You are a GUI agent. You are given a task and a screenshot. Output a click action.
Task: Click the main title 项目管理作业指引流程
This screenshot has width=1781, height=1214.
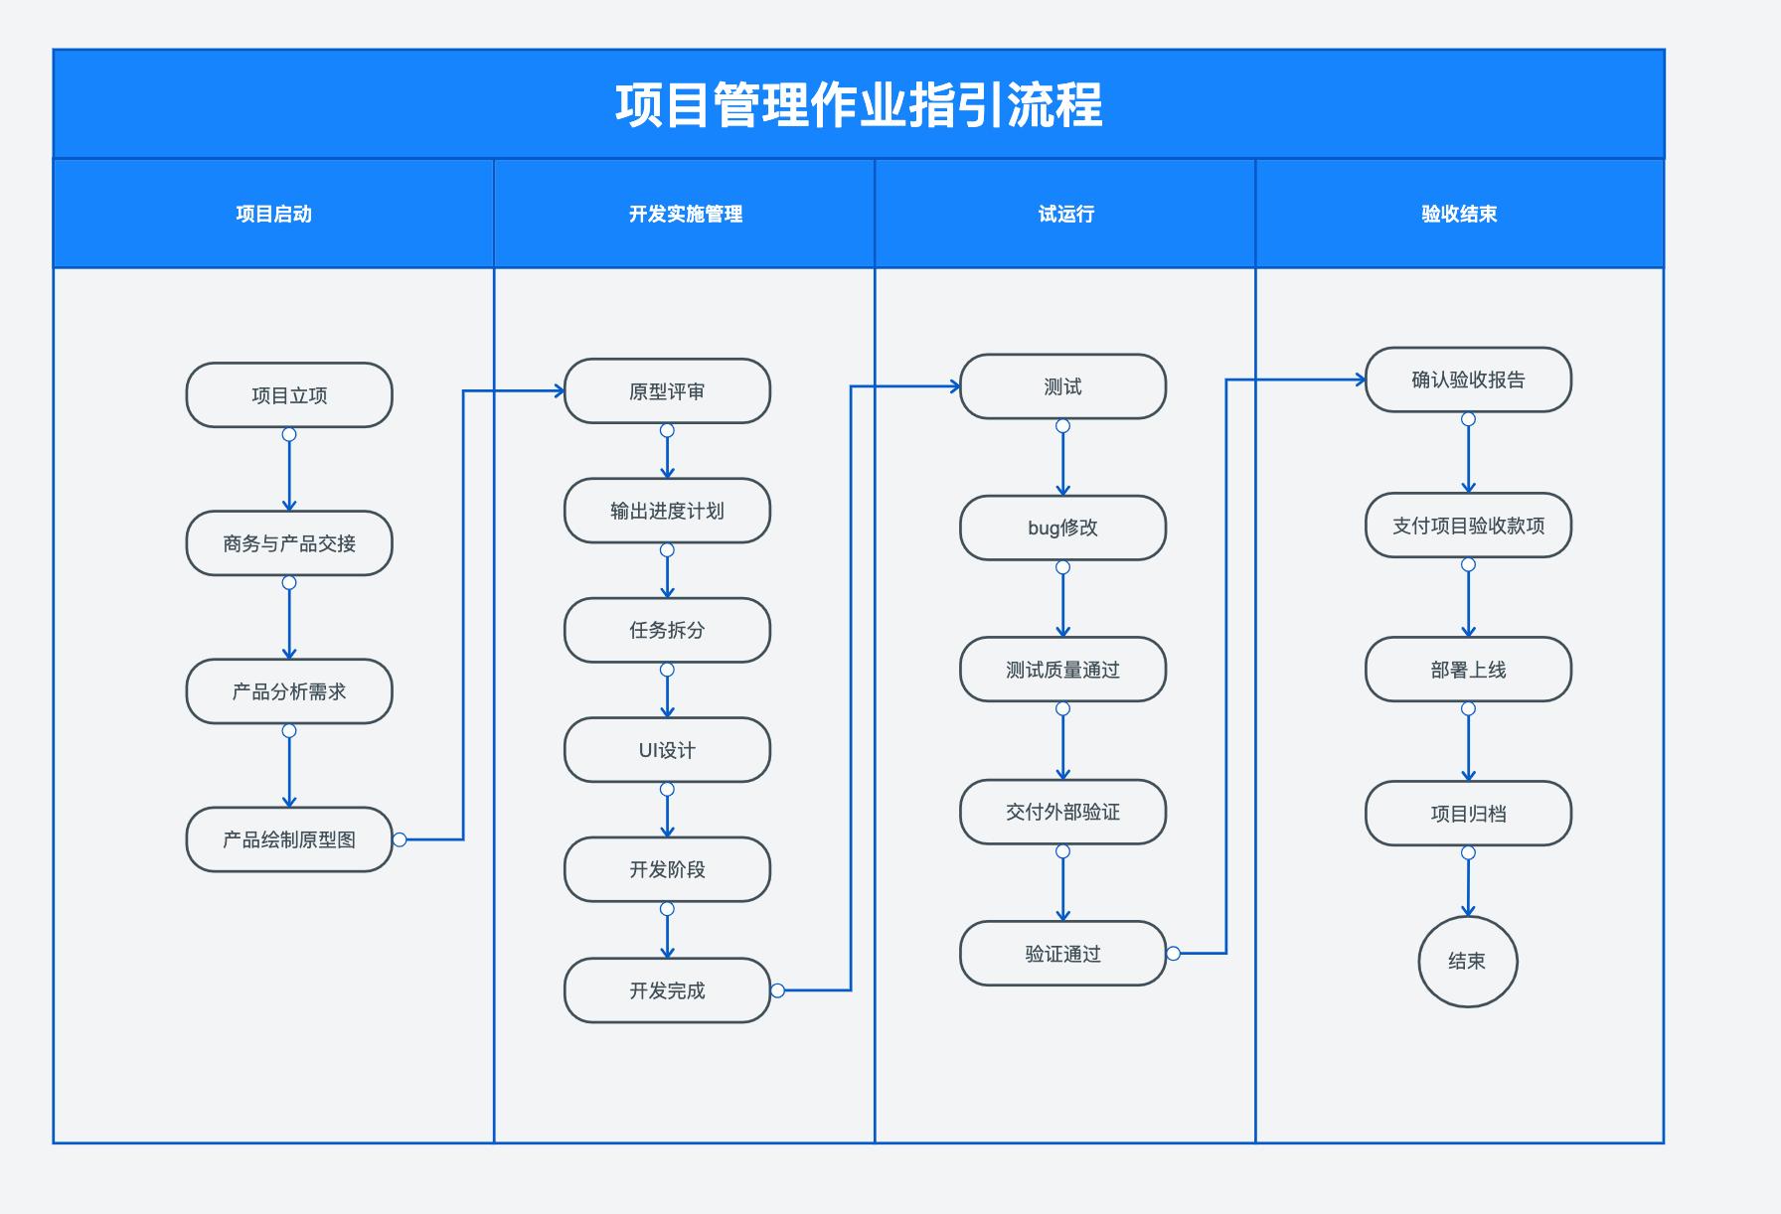click(x=859, y=105)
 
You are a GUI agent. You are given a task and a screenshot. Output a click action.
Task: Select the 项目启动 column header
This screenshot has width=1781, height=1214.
click(x=273, y=214)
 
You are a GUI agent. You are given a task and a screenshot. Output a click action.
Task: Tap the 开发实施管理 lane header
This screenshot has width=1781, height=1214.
click(x=685, y=214)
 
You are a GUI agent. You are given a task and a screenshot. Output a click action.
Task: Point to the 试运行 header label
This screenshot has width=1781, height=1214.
click(x=1065, y=214)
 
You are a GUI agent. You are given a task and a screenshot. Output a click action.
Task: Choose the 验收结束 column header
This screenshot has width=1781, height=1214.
click(x=1458, y=214)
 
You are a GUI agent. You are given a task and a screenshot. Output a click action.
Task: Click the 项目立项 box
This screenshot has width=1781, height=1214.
click(x=289, y=395)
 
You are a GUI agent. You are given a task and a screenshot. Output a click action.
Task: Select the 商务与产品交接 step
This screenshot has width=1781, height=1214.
click(x=289, y=543)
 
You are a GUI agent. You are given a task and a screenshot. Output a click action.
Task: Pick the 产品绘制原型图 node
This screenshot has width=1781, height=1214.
click(x=289, y=839)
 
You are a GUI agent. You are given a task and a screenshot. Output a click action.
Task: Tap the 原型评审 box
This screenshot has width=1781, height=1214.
click(x=667, y=391)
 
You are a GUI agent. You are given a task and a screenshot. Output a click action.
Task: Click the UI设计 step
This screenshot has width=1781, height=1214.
click(x=667, y=750)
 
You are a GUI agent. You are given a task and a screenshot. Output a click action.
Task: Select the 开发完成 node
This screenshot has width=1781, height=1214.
click(x=667, y=990)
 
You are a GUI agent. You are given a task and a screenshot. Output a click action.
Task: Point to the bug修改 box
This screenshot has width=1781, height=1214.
click(x=1062, y=528)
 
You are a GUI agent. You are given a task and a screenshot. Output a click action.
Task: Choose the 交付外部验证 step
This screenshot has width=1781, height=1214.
click(x=1062, y=812)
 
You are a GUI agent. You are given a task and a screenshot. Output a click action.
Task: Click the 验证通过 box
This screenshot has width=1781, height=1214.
click(x=1062, y=954)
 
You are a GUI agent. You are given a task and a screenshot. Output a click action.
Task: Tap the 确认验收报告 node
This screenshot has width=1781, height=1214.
click(x=1468, y=379)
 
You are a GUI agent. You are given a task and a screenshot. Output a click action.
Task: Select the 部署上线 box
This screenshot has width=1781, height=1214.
click(x=1468, y=670)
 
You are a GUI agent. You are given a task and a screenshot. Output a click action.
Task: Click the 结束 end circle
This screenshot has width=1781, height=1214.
click(x=1467, y=961)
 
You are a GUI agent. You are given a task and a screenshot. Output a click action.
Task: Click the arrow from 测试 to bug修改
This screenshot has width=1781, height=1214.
click(x=1062, y=463)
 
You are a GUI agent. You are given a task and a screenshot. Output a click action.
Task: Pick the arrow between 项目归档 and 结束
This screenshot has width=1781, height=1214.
click(x=1468, y=886)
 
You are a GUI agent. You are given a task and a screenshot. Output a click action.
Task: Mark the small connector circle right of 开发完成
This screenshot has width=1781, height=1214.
click(x=777, y=990)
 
